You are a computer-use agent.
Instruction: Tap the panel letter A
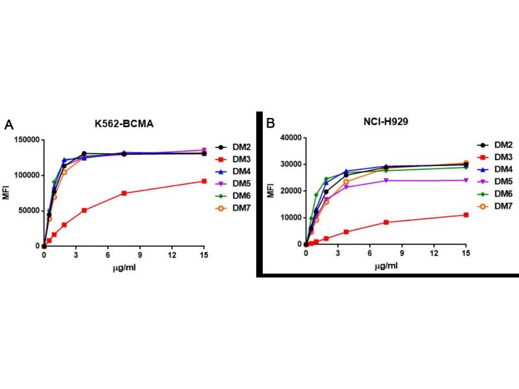click(x=9, y=125)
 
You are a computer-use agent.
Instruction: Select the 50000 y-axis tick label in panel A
click(x=25, y=211)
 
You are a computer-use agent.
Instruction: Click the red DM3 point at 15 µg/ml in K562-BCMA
click(x=204, y=181)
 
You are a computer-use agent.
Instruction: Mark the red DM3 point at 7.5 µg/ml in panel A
click(x=124, y=193)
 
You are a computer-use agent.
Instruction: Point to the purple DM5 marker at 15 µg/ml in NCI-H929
click(x=466, y=180)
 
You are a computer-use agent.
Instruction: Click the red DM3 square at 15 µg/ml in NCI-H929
click(x=466, y=215)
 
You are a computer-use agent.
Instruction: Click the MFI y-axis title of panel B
click(x=271, y=191)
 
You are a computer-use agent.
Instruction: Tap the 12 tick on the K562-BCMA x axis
click(x=172, y=255)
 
